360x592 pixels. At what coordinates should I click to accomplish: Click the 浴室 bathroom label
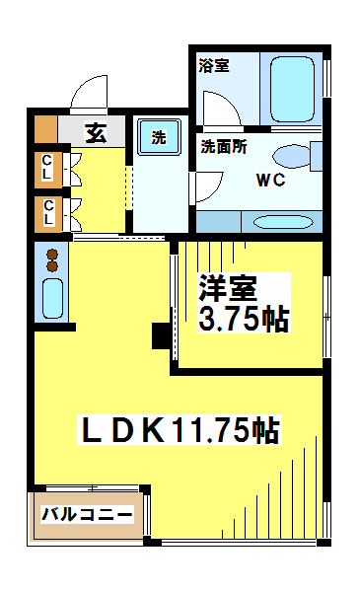point(214,66)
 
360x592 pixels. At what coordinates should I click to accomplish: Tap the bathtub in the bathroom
point(292,89)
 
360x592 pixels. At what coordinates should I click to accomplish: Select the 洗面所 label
point(224,146)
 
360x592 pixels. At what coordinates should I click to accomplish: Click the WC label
point(270,181)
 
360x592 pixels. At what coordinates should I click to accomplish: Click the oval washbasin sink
point(283,222)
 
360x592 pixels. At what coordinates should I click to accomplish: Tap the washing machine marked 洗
point(159,137)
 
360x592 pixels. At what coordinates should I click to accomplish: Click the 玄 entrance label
point(97,132)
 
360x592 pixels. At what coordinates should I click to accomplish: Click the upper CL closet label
point(47,168)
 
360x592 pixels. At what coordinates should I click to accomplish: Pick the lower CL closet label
point(48,212)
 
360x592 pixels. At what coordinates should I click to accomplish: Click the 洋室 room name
point(228,288)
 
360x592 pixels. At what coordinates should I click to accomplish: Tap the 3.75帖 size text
point(244,320)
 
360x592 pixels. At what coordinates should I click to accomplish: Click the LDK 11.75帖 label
point(180,429)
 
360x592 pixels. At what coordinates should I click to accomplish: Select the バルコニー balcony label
point(87,514)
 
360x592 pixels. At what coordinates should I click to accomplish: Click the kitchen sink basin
point(52,298)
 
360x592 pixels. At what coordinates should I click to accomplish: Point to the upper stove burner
point(52,255)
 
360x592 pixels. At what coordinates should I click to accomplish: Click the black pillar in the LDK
point(161,335)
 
